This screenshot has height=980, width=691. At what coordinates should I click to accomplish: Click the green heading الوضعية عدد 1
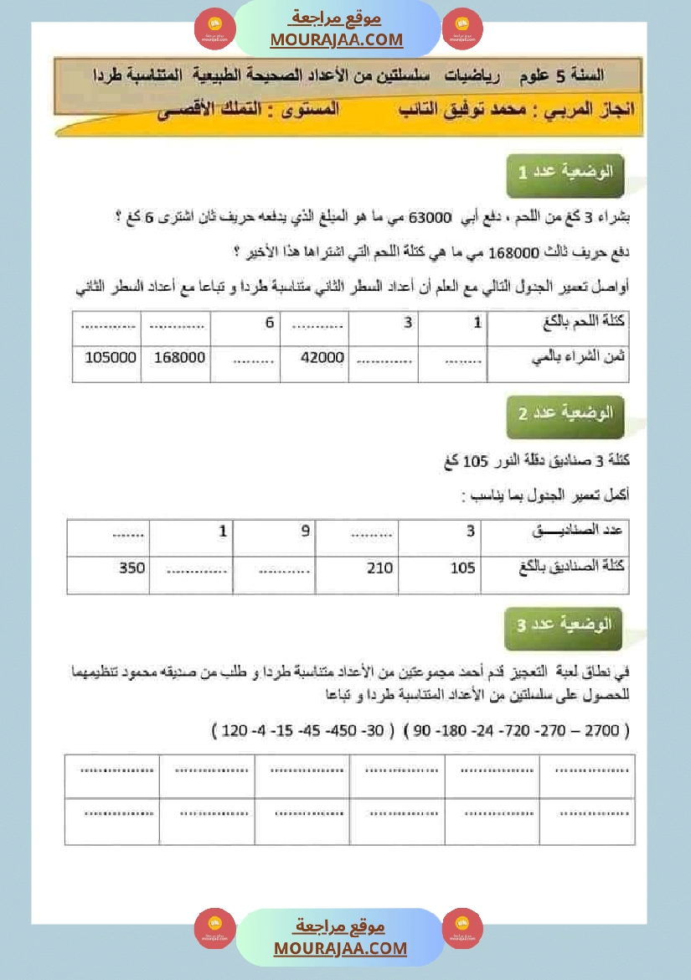coord(565,174)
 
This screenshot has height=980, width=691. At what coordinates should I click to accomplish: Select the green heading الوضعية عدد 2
coord(565,415)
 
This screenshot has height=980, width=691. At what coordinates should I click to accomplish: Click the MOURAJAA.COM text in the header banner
coord(337,39)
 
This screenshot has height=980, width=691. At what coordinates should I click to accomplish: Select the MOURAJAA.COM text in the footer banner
coord(340,948)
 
